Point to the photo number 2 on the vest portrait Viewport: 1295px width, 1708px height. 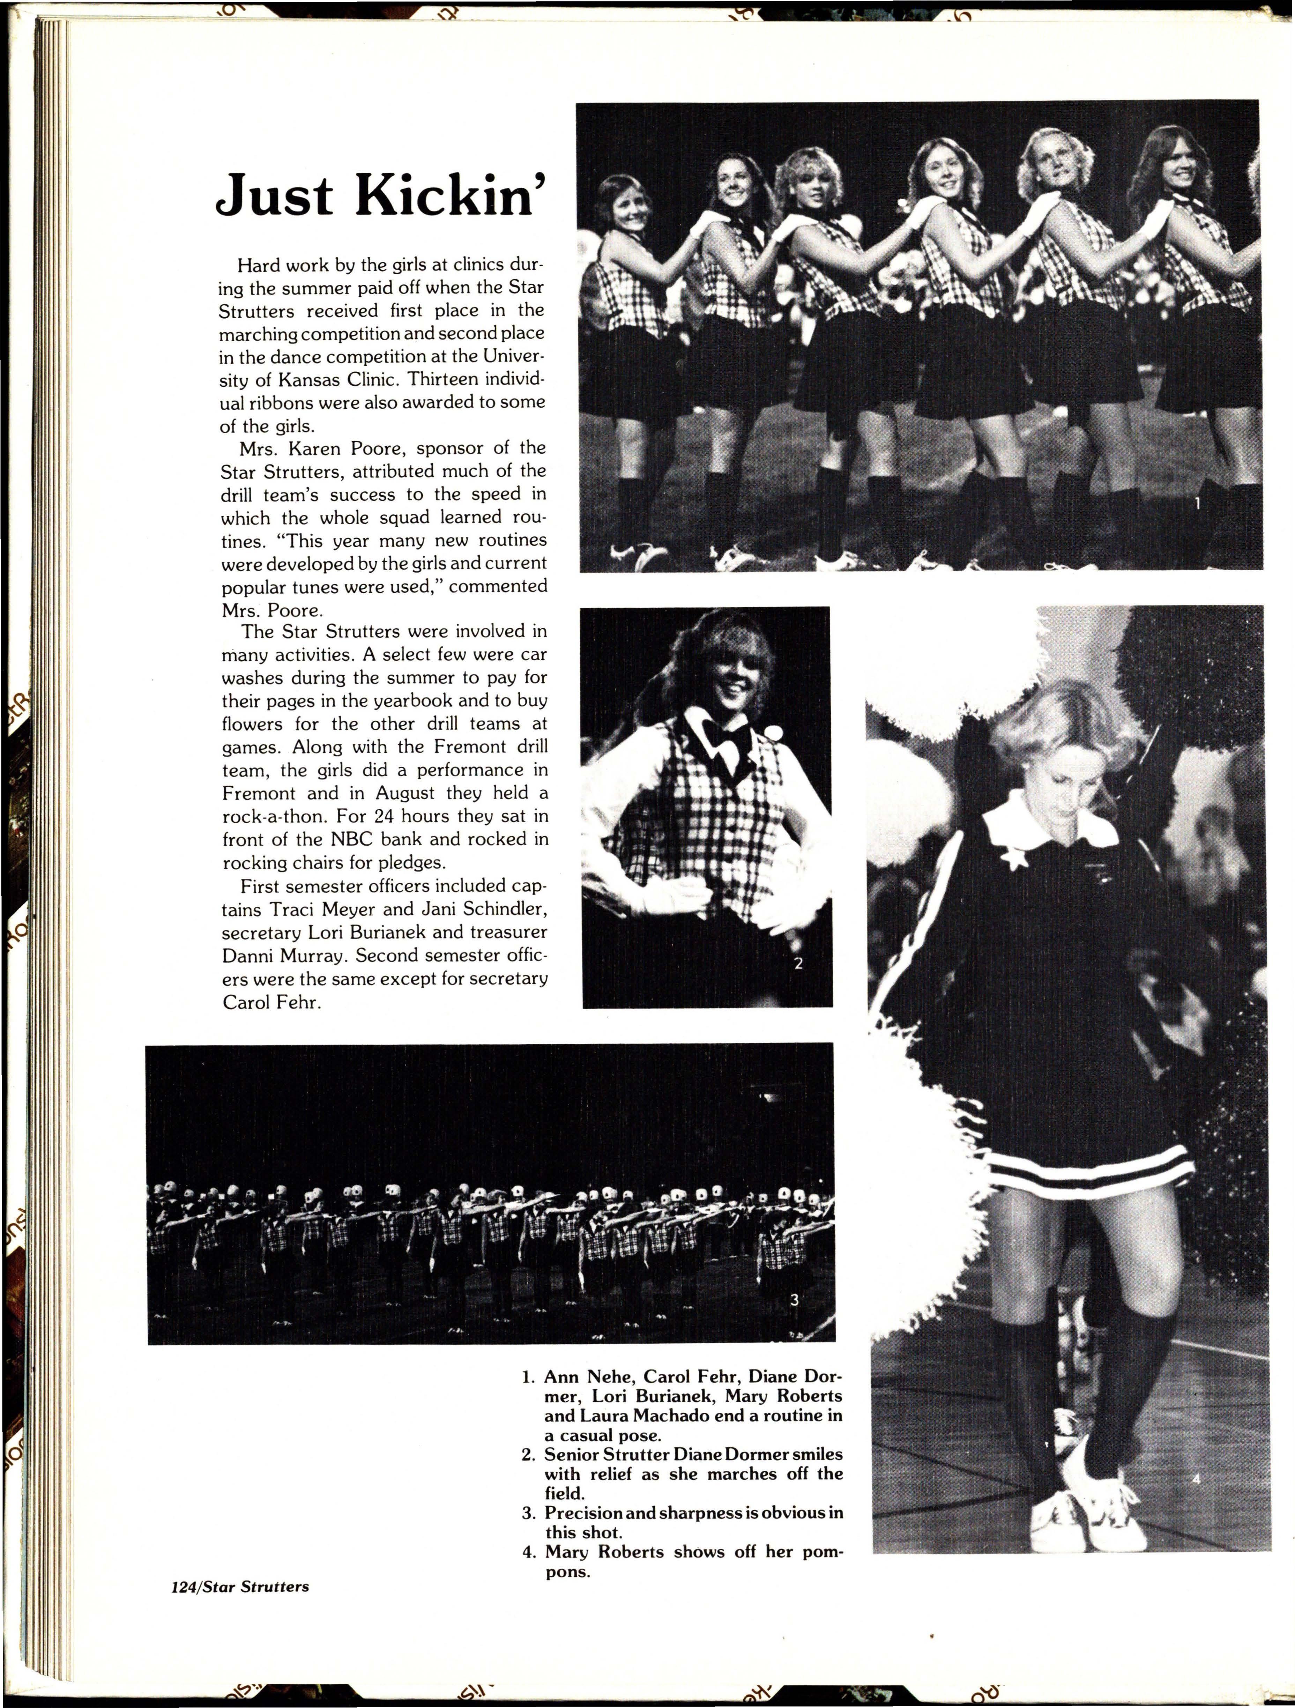(798, 963)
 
